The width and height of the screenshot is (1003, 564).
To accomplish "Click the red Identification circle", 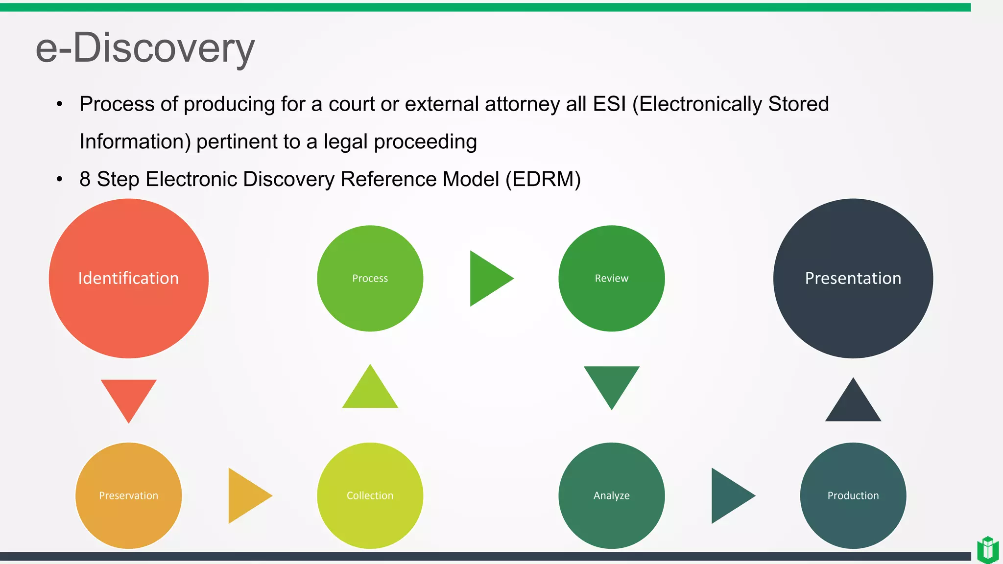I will click(128, 278).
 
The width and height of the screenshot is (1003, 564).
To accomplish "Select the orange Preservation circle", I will click(128, 495).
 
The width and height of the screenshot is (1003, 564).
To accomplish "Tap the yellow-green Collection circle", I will click(370, 495).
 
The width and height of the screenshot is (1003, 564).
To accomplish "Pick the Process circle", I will click(370, 278).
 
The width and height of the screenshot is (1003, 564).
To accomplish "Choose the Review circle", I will click(611, 278).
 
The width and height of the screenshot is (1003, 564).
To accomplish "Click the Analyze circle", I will click(611, 495).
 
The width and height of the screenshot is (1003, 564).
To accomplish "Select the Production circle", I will click(853, 495).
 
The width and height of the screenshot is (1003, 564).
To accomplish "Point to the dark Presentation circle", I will click(853, 278).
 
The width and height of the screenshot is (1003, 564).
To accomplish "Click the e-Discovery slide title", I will click(145, 48).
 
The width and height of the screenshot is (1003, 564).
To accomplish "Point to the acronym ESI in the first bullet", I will click(609, 104).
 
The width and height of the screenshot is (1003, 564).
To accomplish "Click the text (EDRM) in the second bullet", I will click(543, 179).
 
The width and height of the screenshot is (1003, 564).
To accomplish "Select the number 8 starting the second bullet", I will click(85, 179).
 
